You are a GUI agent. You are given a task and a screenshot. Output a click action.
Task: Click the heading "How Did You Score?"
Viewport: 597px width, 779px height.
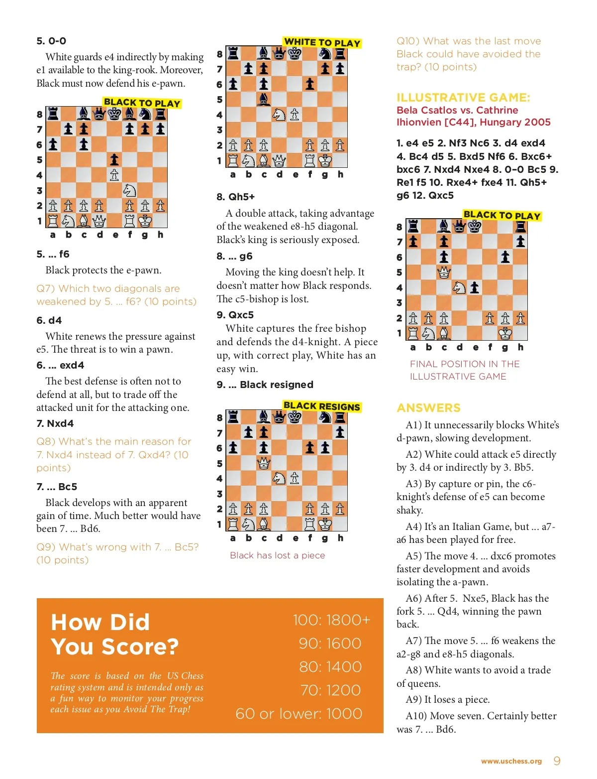pos(114,634)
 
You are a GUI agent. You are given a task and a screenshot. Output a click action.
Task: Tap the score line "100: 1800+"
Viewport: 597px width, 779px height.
pos(331,620)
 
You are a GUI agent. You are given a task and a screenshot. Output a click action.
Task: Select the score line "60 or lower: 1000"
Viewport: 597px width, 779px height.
pos(298,713)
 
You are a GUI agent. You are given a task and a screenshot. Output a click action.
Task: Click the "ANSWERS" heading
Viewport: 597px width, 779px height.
pos(428,408)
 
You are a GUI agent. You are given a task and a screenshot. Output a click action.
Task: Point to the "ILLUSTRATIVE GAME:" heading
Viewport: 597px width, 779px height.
pos(463,97)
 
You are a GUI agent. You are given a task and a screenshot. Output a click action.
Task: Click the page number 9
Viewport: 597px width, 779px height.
pos(557,761)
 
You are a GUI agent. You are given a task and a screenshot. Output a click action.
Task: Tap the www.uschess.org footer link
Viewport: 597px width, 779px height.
pos(511,761)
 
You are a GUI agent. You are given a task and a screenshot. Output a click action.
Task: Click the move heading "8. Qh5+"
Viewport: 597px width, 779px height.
pos(235,197)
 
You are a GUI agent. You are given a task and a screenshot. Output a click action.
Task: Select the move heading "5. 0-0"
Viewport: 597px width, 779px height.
pos(51,41)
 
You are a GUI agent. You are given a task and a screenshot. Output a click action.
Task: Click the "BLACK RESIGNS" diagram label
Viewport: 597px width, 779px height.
pos(321,406)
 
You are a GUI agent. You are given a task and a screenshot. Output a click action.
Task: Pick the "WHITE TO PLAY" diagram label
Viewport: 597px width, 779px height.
pos(322,42)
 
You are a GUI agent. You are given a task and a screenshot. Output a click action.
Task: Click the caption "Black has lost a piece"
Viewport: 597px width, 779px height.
pos(277,555)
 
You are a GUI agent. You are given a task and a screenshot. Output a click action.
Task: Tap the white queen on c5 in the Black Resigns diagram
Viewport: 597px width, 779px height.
pos(264,464)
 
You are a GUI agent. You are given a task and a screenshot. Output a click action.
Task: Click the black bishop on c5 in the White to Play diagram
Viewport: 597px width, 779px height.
pos(264,100)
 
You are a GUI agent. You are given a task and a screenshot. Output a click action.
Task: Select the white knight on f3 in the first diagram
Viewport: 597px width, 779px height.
pos(129,190)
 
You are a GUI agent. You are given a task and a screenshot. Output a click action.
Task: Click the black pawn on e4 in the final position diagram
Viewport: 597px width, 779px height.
pos(475,287)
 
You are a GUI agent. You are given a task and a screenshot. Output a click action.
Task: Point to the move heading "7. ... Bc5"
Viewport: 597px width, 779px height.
pos(57,487)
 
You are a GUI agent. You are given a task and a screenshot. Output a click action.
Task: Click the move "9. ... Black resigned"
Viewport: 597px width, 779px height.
pos(265,385)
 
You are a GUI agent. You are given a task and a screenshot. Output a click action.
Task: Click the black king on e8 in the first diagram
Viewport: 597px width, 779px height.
pos(114,114)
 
